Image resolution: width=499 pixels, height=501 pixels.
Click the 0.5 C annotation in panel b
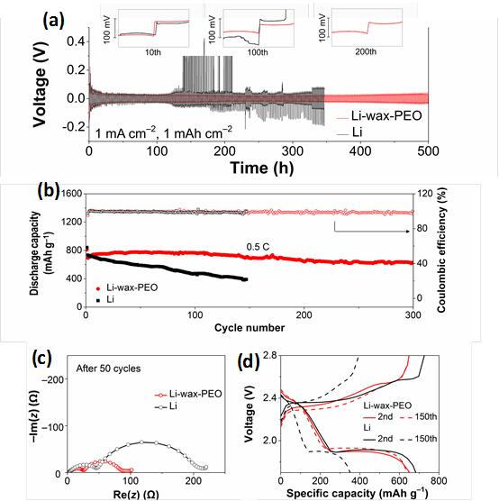(x=261, y=245)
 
